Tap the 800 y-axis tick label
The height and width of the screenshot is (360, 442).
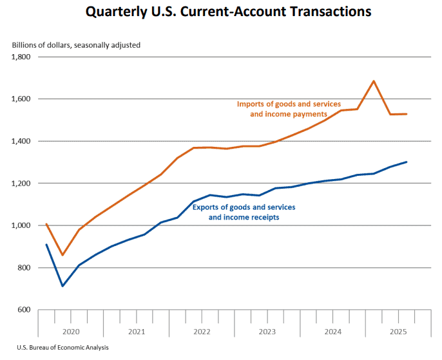(x=25, y=268)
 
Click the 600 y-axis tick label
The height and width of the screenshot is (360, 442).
(x=25, y=310)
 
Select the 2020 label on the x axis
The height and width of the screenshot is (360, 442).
(x=71, y=332)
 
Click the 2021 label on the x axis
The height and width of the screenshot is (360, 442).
(x=137, y=332)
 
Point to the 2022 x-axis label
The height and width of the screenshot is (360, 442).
(x=202, y=332)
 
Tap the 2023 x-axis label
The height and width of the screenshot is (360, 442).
(x=267, y=332)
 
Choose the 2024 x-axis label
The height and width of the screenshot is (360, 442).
(x=333, y=332)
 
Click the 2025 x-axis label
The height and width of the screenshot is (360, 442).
(x=398, y=332)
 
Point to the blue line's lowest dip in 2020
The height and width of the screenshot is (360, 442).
(x=62, y=286)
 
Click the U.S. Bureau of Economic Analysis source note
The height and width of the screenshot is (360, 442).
(x=53, y=348)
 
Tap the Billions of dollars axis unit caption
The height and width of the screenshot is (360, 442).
(x=76, y=45)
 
